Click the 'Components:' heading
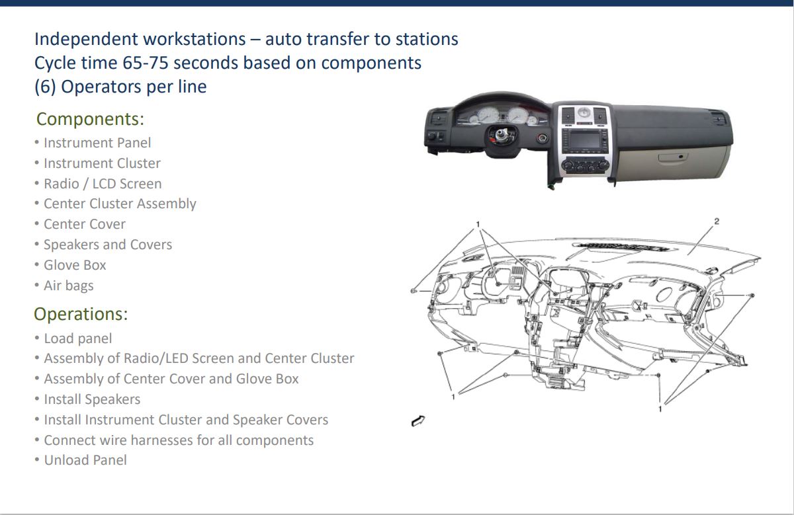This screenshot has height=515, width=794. [x=90, y=118]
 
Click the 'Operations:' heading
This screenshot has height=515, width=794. [x=81, y=314]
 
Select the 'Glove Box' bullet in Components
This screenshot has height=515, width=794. [x=75, y=265]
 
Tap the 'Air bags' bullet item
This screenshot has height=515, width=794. [x=68, y=286]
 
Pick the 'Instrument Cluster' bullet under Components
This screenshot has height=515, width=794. [x=102, y=163]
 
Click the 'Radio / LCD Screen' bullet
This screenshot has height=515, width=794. [x=103, y=184]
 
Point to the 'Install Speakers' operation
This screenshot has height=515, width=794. [x=92, y=399]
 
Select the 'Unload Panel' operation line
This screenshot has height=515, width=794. [x=85, y=460]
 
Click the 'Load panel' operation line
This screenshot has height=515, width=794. [x=78, y=338]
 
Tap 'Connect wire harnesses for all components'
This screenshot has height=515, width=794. [x=179, y=440]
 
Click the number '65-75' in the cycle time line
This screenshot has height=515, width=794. [x=145, y=63]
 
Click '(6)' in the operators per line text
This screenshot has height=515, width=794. [x=45, y=87]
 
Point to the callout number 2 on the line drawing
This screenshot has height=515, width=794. [x=717, y=221]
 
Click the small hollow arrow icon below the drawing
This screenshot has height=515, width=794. [x=418, y=420]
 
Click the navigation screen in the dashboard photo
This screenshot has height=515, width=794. [x=585, y=140]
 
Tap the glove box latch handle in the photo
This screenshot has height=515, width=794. [x=672, y=157]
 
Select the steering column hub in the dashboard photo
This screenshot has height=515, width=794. [x=502, y=135]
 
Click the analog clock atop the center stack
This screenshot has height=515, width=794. [x=583, y=113]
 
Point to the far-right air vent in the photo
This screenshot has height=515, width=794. [x=717, y=118]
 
